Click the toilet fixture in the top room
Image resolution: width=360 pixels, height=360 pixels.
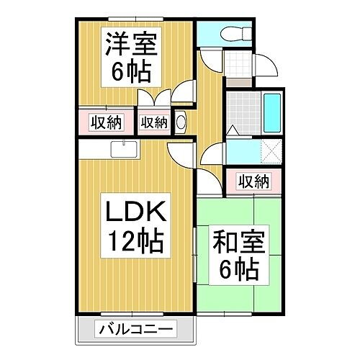pos(236,33)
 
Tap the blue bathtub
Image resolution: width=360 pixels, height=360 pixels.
pos(272,113)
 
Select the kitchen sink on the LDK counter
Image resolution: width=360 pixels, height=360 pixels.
pos(124,149)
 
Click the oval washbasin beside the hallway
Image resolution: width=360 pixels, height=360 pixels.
pos(181,122)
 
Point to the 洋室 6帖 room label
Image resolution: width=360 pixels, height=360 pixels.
pos(131,57)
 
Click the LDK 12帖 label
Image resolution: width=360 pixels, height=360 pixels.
pos(136,225)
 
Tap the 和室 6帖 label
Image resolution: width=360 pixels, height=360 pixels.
pos(239,255)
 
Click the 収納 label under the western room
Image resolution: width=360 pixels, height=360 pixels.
pos(107,122)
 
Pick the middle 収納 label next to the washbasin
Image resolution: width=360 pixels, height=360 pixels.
pos(154,122)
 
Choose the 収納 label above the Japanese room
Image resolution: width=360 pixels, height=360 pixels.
pos(253,181)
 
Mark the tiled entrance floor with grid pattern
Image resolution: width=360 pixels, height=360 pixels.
pos(238,64)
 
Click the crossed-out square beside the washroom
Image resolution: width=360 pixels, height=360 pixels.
pos(271,152)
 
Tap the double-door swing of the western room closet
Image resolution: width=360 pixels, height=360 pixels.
pos(154,97)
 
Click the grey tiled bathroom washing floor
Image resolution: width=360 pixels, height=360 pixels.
pos(243,113)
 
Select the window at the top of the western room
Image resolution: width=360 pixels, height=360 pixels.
pos(135,19)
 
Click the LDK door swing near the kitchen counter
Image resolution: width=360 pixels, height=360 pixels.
pos(181,156)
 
